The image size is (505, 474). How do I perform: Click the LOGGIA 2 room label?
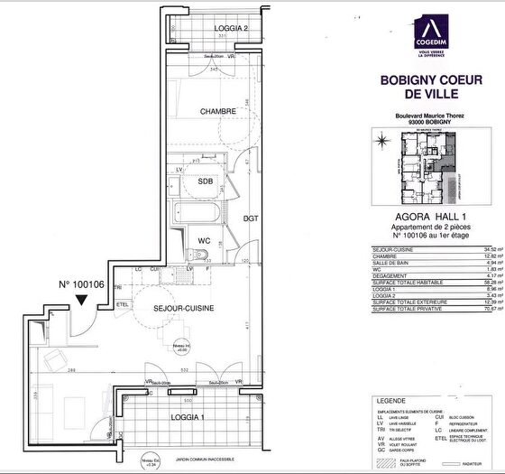coord(232,29)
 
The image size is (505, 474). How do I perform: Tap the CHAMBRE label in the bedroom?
coord(219,112)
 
